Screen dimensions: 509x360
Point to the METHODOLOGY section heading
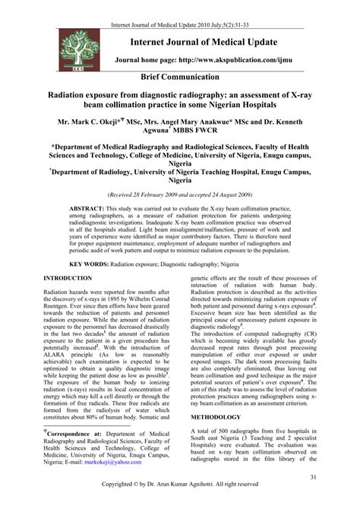click(x=221, y=438)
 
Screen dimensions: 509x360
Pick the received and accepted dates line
click(x=180, y=193)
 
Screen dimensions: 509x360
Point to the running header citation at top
click(x=180, y=7)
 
